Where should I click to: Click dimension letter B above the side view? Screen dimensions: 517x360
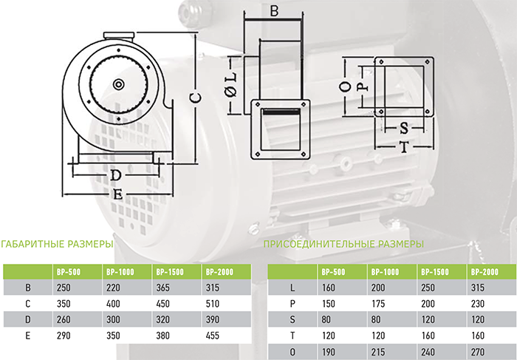coord(274,10)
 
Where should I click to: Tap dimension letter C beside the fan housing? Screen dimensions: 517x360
coord(195,98)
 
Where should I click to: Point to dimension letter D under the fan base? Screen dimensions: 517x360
coord(115,175)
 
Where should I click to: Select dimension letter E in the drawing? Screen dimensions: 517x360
coord(117,194)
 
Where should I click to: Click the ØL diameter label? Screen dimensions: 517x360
coord(232,84)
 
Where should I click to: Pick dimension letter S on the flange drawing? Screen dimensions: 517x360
coord(404,129)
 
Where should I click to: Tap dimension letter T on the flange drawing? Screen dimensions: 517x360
coord(404,147)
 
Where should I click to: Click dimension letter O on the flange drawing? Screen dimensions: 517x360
coord(345,86)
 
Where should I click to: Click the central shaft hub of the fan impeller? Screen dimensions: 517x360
coord(119,84)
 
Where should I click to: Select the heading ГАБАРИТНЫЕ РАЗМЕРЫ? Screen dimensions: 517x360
coord(57,244)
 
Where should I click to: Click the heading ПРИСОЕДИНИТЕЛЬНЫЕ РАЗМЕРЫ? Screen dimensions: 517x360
coord(343,244)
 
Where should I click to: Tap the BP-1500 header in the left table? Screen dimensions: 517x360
coord(169,272)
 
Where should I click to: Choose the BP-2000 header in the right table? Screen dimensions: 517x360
coord(485,272)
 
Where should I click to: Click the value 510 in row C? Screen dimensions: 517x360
coord(213,304)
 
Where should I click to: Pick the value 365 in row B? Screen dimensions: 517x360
coord(163,288)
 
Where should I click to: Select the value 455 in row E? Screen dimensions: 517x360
coord(213,336)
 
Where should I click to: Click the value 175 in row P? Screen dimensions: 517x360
coord(378,304)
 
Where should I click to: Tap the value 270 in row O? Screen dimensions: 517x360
coord(478,352)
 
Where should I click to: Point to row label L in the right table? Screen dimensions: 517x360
coord(292,288)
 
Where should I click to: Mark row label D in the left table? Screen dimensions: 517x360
coord(28,319)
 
